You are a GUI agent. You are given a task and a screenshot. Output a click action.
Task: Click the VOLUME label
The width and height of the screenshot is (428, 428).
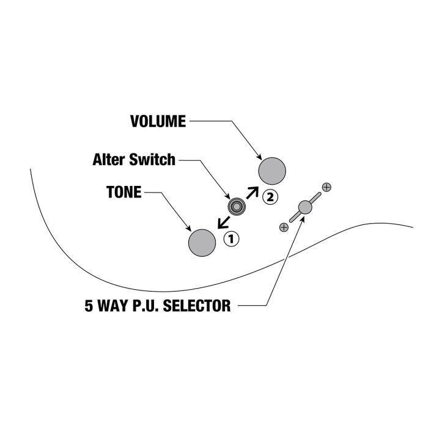coord(158,121)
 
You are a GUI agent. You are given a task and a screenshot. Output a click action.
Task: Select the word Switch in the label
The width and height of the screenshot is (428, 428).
coord(155,160)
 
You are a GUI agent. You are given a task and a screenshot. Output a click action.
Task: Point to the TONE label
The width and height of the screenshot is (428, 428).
coord(124,193)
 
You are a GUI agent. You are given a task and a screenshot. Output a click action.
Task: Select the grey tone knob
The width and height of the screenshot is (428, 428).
coord(202,242)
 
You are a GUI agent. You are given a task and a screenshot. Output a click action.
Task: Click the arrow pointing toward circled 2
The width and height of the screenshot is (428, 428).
coord(252,192)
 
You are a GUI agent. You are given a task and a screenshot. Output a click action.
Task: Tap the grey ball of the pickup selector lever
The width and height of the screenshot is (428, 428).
coord(304,207)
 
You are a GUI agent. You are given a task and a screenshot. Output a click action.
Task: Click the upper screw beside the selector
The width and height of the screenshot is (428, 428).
coord(327,187)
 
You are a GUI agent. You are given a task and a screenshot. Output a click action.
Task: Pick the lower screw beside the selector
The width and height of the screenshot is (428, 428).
coord(283,227)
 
